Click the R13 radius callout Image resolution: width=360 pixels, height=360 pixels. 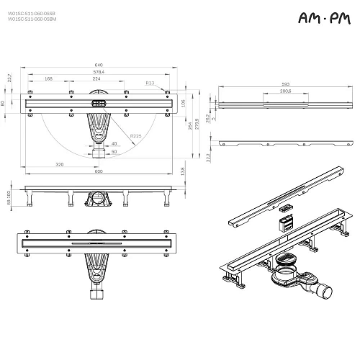point(150,84)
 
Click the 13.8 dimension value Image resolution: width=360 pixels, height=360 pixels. point(183,171)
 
